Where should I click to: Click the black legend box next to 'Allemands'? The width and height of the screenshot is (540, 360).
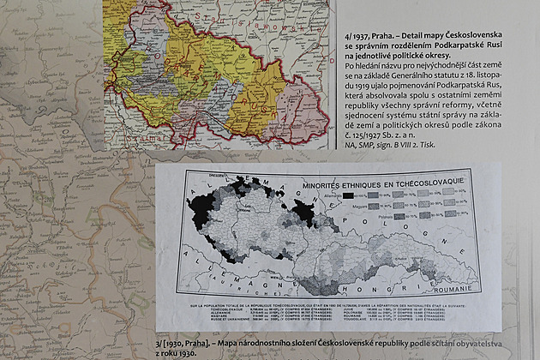coord(349,196)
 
